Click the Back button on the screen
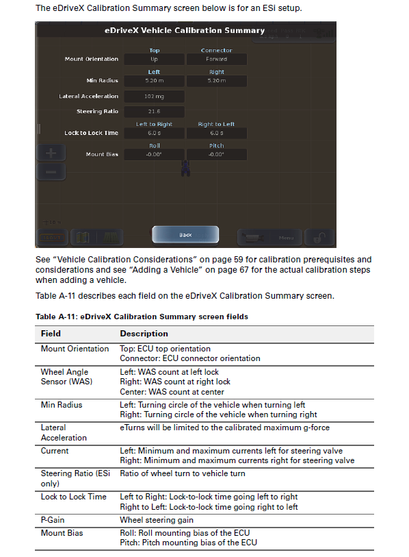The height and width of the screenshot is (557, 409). point(185,235)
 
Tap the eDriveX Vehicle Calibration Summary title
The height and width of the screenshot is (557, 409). point(184,31)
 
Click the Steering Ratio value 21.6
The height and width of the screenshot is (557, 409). point(154,112)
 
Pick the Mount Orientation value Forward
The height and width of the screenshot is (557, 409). point(216,60)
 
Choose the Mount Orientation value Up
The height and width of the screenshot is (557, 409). point(154,60)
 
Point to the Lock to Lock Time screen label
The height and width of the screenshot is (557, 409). point(91,133)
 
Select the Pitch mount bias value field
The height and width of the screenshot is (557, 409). point(216,155)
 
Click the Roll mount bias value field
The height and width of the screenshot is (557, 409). point(154,155)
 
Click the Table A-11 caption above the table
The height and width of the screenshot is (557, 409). point(142,317)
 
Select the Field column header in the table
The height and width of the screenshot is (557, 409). point(51,334)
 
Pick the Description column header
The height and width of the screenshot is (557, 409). point(144,334)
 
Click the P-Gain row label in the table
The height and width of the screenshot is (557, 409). point(52,520)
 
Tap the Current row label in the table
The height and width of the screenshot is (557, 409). point(55,451)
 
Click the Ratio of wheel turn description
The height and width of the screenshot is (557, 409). point(183,473)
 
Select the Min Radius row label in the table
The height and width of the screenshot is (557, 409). point(61,405)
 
